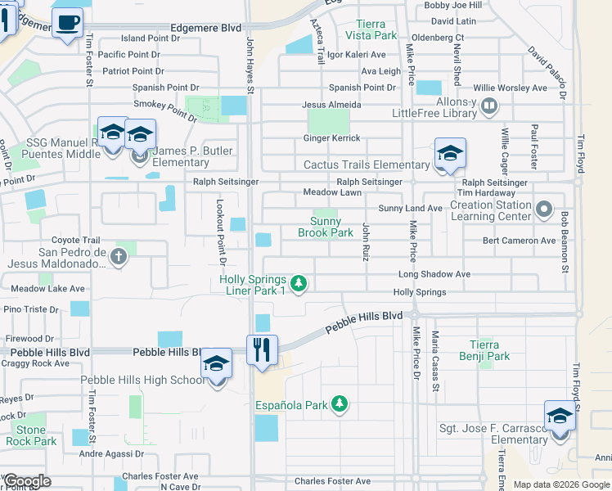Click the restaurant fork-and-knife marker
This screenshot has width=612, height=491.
pyautogui.click(x=263, y=349)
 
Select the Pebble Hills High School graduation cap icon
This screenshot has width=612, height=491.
pyautogui.click(x=217, y=363)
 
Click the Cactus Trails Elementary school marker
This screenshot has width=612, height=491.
pyautogui.click(x=450, y=153)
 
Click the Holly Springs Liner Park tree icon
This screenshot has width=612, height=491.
pyautogui.click(x=299, y=283)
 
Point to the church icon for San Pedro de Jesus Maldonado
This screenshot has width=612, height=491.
pyautogui.click(x=119, y=257)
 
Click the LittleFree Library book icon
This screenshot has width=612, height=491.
pyautogui.click(x=489, y=105)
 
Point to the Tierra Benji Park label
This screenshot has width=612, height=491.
pyautogui.click(x=490, y=350)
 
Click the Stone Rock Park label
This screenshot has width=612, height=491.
pyautogui.click(x=31, y=435)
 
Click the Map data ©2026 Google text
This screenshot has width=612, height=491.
pyautogui.click(x=561, y=484)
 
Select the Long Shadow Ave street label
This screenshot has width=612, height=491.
pyautogui.click(x=434, y=274)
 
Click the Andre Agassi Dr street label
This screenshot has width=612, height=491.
pyautogui.click(x=111, y=453)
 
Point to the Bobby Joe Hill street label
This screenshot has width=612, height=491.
pyautogui.click(x=452, y=5)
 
